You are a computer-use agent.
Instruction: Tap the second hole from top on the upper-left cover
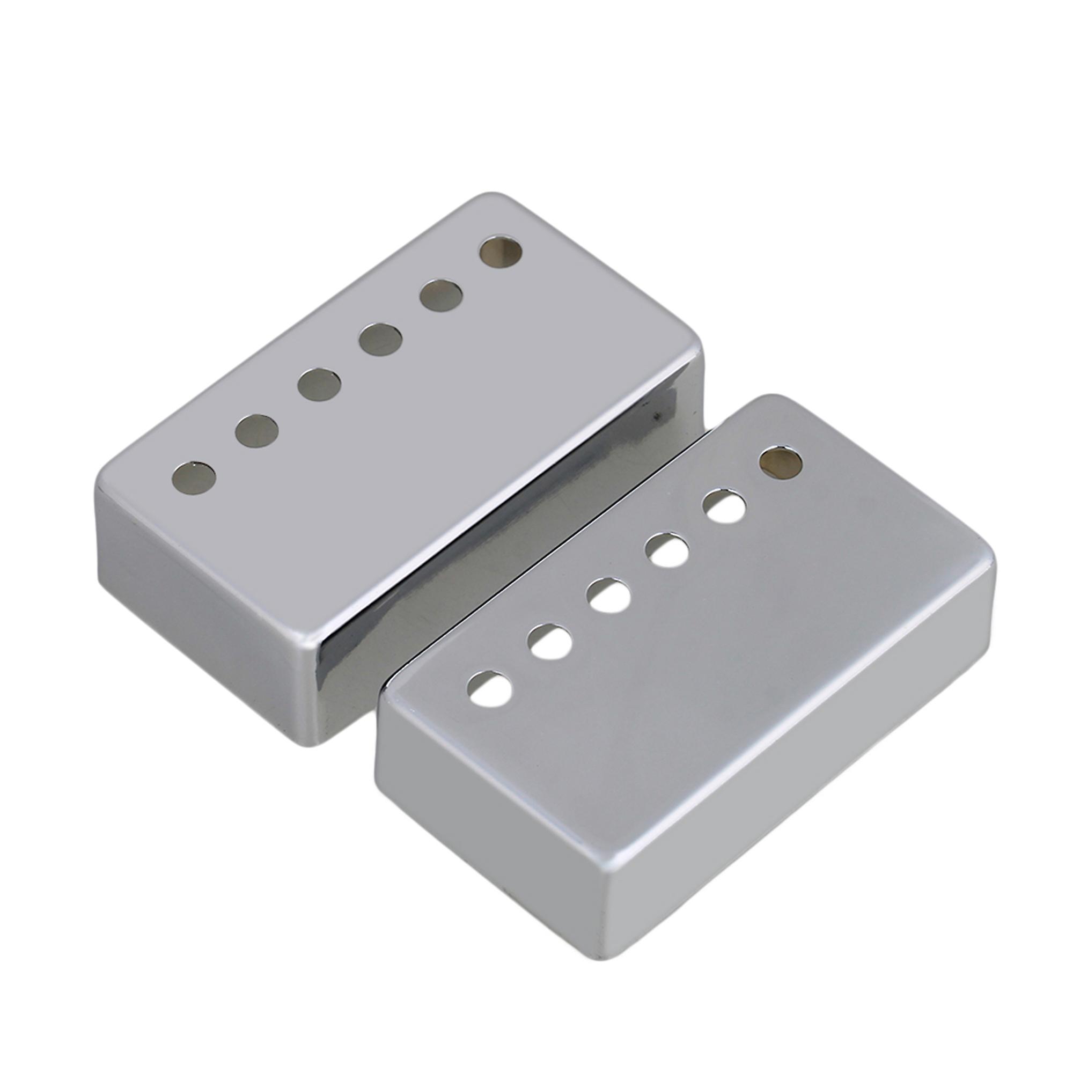[x=441, y=296]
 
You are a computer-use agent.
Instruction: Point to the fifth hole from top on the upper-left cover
[x=256, y=430]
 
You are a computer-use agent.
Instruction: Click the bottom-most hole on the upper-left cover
[x=194, y=477]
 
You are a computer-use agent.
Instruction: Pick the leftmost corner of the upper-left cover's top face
[x=103, y=483]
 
